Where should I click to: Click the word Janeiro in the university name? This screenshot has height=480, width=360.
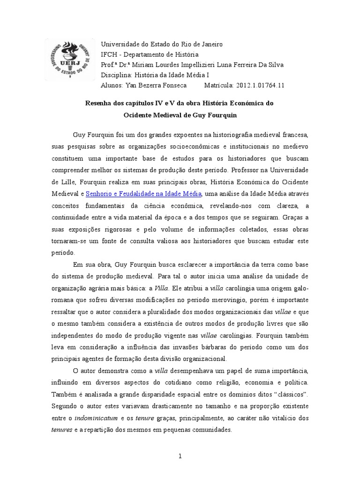pyautogui.click(x=211, y=44)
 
